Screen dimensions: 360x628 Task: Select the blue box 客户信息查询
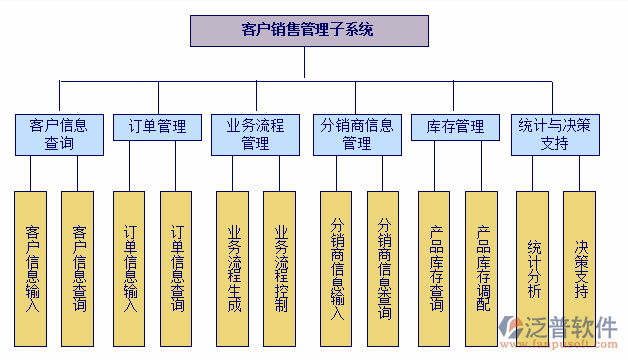click(59, 135)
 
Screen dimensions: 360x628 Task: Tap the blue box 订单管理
click(157, 128)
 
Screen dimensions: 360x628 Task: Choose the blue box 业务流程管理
click(255, 135)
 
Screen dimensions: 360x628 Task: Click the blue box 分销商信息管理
click(357, 135)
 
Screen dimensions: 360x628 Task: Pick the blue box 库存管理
click(455, 128)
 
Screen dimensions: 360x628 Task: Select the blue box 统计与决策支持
click(555, 135)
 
